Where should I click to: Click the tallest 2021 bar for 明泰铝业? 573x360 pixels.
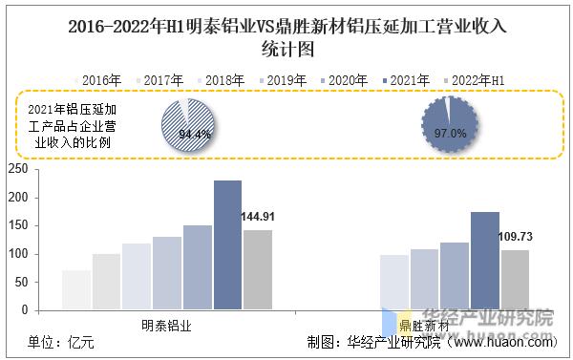click(226, 245)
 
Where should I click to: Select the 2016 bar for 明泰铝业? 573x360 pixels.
click(75, 290)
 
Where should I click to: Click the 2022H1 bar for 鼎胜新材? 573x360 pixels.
click(515, 280)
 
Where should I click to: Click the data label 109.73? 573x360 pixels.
click(516, 236)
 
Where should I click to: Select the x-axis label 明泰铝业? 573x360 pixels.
click(166, 326)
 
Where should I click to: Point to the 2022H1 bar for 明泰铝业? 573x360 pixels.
click(257, 270)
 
